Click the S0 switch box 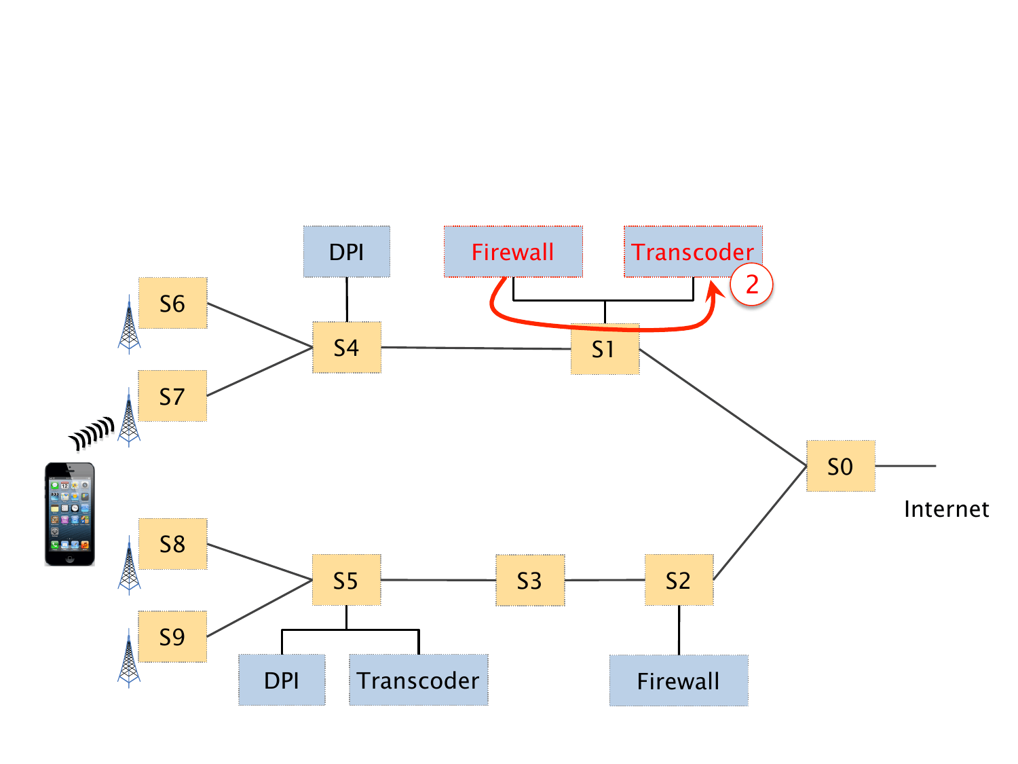tap(840, 466)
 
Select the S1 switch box tap(605, 350)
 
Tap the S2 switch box tap(679, 580)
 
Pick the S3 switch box tap(530, 580)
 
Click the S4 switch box tap(346, 348)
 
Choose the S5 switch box tap(346, 580)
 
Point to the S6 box tap(172, 303)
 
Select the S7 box tap(172, 396)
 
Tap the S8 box tap(172, 544)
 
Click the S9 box tap(172, 636)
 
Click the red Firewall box tap(513, 251)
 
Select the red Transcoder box tap(692, 251)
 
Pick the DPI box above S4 tap(346, 251)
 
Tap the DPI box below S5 tap(282, 680)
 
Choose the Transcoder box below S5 tap(418, 680)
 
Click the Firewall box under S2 tap(679, 680)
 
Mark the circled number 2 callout tap(752, 284)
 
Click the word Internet tap(946, 509)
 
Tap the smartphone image tap(69, 514)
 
